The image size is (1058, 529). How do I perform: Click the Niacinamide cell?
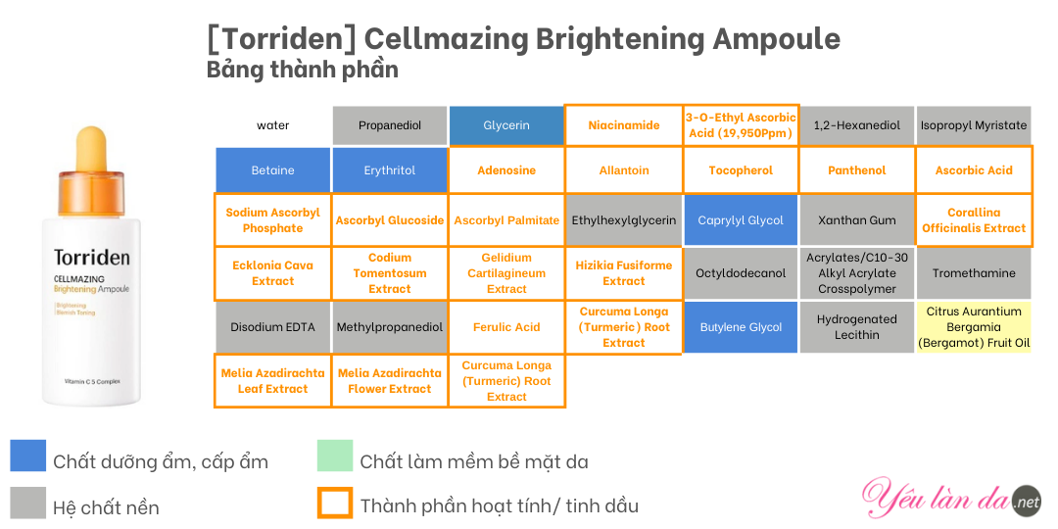pyautogui.click(x=623, y=125)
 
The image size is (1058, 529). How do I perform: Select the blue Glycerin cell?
pyautogui.click(x=506, y=125)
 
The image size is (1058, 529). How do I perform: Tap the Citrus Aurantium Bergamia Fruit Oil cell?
pyautogui.click(x=974, y=327)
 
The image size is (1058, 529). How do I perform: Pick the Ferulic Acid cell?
pyautogui.click(x=506, y=327)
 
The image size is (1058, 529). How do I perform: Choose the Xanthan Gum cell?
pyautogui.click(x=857, y=220)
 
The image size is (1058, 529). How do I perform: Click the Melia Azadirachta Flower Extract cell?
pyautogui.click(x=390, y=380)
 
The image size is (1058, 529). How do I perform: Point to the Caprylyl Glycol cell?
pyautogui.click(x=741, y=220)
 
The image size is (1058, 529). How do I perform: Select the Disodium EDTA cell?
pyautogui.click(x=272, y=327)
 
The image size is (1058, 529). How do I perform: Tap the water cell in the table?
pyautogui.click(x=272, y=125)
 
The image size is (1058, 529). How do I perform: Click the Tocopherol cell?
pyautogui.click(x=741, y=170)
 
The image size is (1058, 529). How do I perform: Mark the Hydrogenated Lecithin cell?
pyautogui.click(x=857, y=327)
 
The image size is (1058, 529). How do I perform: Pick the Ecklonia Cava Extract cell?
pyautogui.click(x=272, y=273)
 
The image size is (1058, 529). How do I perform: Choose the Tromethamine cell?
pyautogui.click(x=974, y=273)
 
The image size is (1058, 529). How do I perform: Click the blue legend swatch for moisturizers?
pyautogui.click(x=27, y=456)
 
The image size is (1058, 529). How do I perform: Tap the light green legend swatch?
pyautogui.click(x=335, y=456)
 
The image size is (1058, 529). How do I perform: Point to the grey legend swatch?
pyautogui.click(x=27, y=503)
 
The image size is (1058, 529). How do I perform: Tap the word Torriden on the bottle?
pyautogui.click(x=91, y=258)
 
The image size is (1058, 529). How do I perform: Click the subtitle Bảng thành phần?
pyautogui.click(x=303, y=71)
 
